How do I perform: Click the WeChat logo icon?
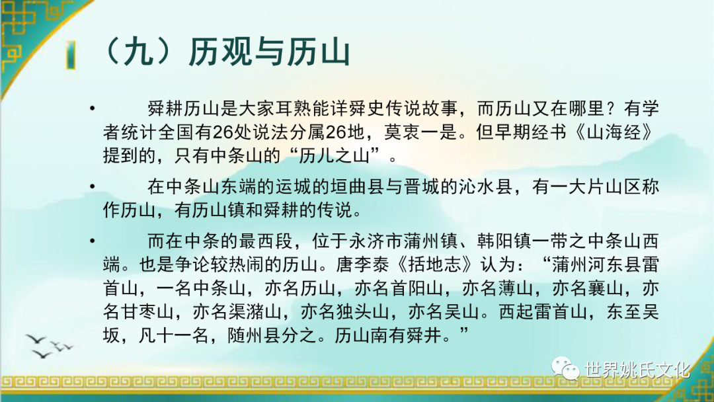[x=565, y=368]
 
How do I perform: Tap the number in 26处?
[x=223, y=132]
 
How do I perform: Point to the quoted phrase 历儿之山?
[x=335, y=155]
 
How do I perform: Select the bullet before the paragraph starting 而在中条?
[x=93, y=241]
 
